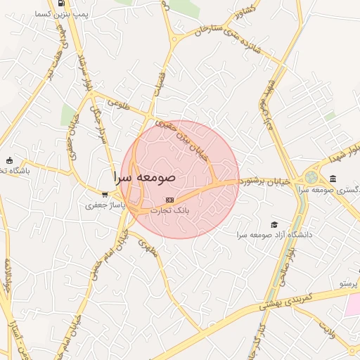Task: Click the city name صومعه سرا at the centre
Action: click(x=144, y=176)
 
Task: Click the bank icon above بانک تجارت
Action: click(x=167, y=199)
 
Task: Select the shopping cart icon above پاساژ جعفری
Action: click(x=104, y=195)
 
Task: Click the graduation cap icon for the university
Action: click(x=274, y=224)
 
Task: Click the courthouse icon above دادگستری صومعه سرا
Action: click(x=332, y=179)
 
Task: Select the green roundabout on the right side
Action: click(x=311, y=177)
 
